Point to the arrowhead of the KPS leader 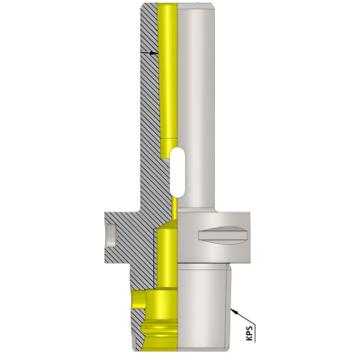click(x=233, y=309)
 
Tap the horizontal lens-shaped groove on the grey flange click(x=221, y=235)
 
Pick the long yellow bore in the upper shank click(x=167, y=72)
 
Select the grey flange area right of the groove click(x=251, y=236)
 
